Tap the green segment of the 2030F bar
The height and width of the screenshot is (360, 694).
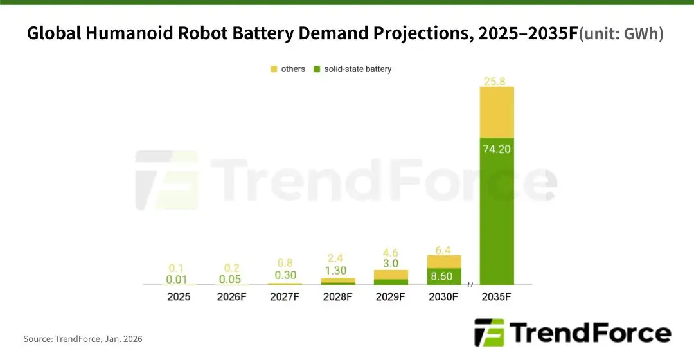pyautogui.click(x=444, y=276)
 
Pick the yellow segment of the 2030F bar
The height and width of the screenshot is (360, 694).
pyautogui.click(x=444, y=261)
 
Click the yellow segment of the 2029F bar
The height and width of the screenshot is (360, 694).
pyautogui.click(x=391, y=274)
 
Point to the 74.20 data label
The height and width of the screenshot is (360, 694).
pyautogui.click(x=497, y=148)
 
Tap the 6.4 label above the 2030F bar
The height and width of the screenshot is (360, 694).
pyautogui.click(x=444, y=249)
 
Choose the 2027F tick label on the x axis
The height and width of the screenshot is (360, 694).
pyautogui.click(x=285, y=297)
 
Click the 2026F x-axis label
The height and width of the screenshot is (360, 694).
pyautogui.click(x=231, y=297)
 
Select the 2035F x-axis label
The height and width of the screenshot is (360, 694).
pyautogui.click(x=497, y=297)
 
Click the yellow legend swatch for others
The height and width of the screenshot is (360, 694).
pyautogui.click(x=274, y=69)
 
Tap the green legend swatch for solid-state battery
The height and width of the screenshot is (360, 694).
pyautogui.click(x=317, y=69)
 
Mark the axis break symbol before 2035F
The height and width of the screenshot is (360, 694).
pyautogui.click(x=470, y=285)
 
